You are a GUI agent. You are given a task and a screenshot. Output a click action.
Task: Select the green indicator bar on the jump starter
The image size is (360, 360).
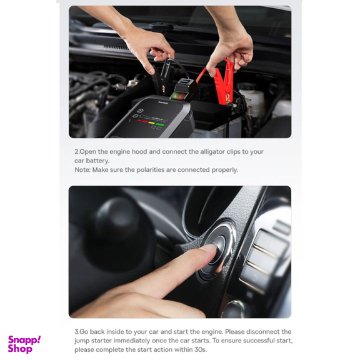(160, 124)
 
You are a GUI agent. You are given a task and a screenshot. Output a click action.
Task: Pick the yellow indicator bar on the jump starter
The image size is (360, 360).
(151, 123)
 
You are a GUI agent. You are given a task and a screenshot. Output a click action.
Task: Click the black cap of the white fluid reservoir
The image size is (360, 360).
(246, 87)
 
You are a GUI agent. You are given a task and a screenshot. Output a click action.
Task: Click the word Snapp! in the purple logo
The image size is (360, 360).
(24, 340)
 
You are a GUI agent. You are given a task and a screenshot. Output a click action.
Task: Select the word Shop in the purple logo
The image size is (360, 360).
(20, 349)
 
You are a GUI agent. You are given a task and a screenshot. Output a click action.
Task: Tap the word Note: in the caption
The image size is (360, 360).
(82, 170)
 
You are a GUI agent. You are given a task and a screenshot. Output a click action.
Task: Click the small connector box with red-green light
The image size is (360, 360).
(184, 90)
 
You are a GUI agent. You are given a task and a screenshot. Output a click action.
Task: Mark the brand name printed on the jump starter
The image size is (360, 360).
(162, 102)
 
